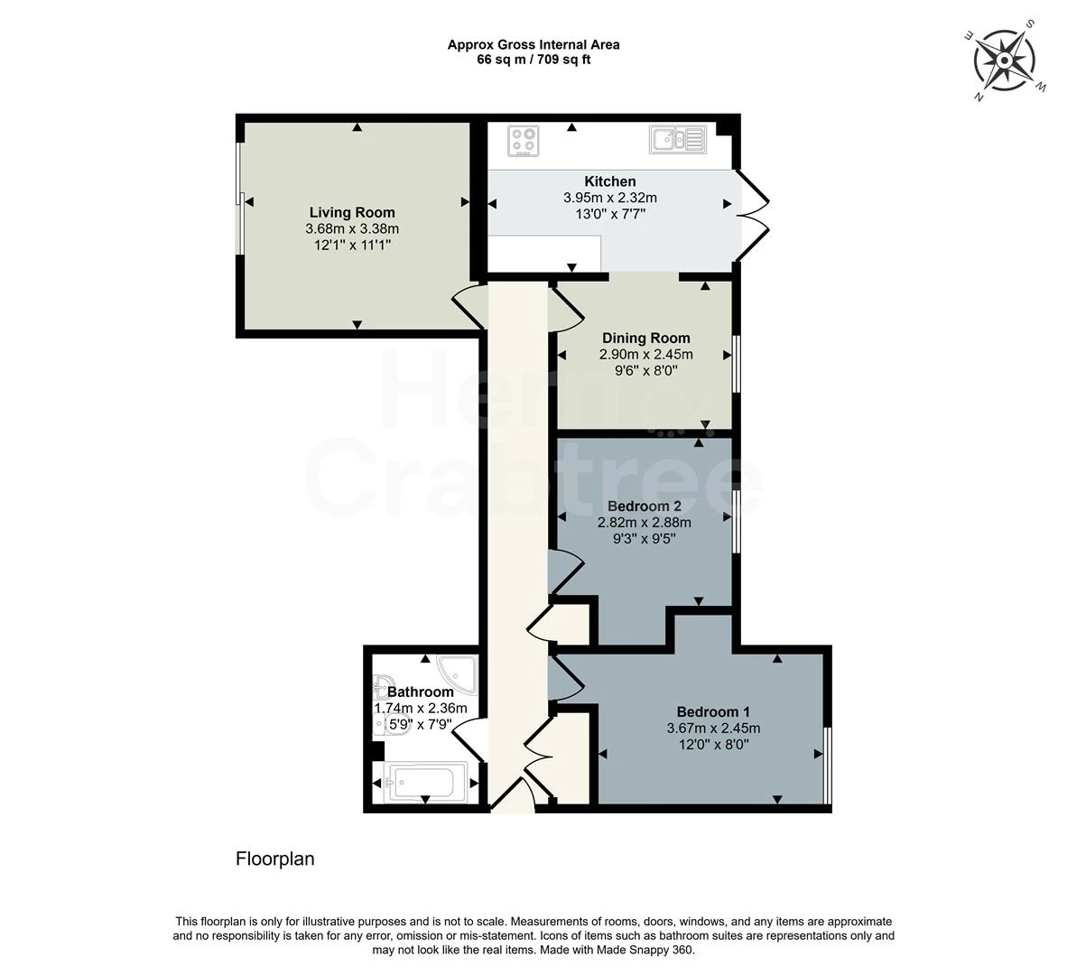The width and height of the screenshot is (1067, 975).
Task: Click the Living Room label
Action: [352, 212]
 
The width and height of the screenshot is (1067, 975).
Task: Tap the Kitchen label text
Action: [610, 181]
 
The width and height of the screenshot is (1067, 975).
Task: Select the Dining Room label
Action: [645, 339]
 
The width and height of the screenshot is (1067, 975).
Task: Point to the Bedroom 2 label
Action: [644, 506]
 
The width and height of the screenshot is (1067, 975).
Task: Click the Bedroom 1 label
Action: [713, 711]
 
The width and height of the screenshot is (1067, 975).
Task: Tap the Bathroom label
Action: [421, 692]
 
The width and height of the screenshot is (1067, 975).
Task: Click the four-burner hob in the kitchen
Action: [524, 141]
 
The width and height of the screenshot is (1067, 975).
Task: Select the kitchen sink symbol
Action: [679, 140]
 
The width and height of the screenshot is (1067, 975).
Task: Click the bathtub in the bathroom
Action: [426, 783]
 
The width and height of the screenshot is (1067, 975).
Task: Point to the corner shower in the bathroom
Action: [458, 673]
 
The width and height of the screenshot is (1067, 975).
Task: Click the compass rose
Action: [1005, 60]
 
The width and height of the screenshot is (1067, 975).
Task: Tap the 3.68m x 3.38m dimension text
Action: [352, 229]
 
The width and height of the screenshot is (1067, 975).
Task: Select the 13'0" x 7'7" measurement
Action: [610, 214]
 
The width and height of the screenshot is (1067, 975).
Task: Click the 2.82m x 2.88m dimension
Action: [644, 523]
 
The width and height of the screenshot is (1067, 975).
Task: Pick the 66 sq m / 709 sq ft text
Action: [533, 60]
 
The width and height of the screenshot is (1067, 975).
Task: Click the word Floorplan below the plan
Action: [275, 859]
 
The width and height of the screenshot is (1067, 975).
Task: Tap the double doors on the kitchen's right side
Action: [753, 216]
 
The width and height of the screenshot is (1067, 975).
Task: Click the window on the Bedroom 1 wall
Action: [828, 766]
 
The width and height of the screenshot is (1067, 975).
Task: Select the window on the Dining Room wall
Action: [737, 363]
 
